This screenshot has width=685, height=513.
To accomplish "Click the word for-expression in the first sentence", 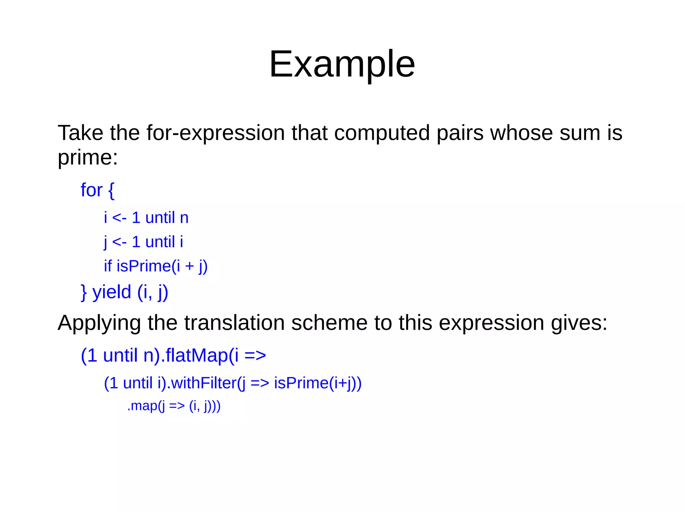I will click(216, 133).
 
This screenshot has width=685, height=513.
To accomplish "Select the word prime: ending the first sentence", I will click(88, 157).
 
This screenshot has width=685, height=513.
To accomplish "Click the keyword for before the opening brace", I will click(91, 190).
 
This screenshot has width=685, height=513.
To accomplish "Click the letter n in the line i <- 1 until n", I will click(184, 218).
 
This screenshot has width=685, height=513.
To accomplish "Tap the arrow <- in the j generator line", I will click(119, 242).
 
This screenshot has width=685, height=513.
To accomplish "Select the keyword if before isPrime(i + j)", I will click(108, 266).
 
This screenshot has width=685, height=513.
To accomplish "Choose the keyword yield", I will click(112, 292).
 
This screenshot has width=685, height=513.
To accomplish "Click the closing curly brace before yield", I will click(84, 292).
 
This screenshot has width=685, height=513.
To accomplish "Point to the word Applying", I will click(99, 323).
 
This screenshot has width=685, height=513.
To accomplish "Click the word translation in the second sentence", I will click(234, 323).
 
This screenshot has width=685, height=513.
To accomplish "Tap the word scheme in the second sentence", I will click(329, 323).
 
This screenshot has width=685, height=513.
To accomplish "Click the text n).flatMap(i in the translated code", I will click(191, 355).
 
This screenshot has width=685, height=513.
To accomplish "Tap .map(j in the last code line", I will click(146, 406).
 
